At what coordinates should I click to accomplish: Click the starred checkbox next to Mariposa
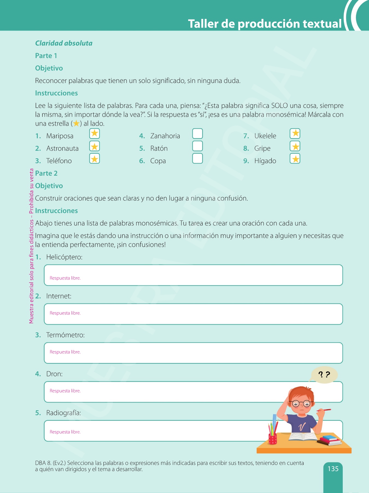[94, 134]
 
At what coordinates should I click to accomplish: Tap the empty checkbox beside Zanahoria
[197, 134]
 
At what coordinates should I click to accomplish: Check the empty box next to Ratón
[197, 146]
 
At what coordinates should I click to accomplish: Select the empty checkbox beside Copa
[197, 158]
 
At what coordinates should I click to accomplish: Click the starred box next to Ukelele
[295, 134]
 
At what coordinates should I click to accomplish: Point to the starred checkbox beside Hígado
[295, 159]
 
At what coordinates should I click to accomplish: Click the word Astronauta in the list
[62, 148]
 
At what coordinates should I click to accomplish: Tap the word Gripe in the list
[262, 148]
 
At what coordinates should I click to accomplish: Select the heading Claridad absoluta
[64, 43]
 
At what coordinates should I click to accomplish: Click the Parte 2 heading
[46, 173]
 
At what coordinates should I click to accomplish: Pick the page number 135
[333, 469]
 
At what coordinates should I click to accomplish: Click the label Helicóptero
[64, 257]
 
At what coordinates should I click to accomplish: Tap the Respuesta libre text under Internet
[65, 313]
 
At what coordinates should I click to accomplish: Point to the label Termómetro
[65, 335]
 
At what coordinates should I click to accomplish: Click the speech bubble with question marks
[324, 375]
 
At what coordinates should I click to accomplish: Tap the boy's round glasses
[301, 403]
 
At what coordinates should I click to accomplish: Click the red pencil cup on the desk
[272, 438]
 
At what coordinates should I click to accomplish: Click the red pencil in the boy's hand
[324, 410]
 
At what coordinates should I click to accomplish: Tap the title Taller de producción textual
[265, 24]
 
